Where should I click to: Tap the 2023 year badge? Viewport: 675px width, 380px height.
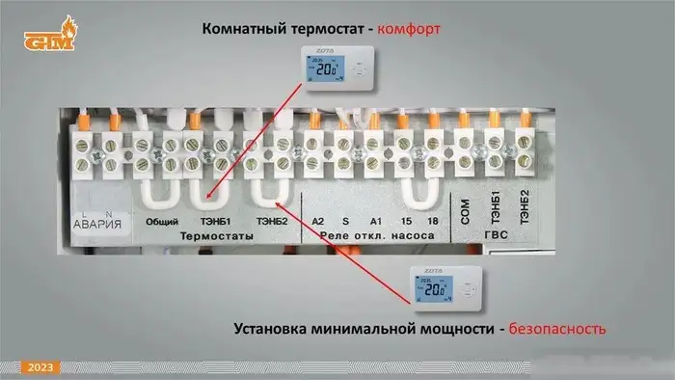(40, 367)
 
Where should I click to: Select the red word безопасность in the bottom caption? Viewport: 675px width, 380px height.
(557, 329)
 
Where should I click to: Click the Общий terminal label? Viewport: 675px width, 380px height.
(159, 221)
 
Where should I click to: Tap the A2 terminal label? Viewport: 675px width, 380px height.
(318, 221)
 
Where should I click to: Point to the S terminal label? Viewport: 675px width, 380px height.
(345, 221)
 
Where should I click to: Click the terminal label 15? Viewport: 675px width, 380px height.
(405, 221)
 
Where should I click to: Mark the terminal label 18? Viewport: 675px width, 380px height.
(432, 221)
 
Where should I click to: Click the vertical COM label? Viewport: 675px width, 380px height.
(465, 213)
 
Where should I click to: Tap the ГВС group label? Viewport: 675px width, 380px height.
(497, 236)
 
